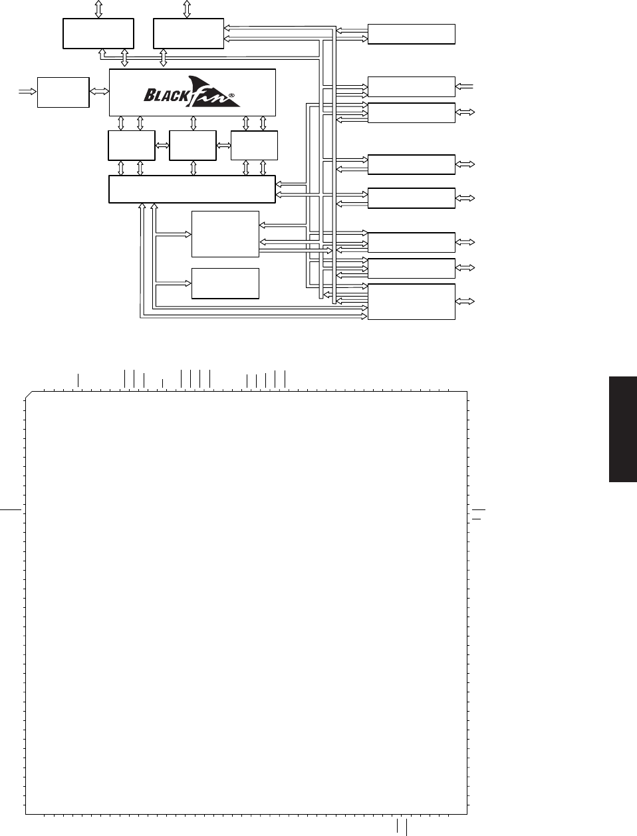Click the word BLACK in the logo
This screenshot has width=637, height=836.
coord(166,95)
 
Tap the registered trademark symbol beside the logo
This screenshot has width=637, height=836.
coord(231,95)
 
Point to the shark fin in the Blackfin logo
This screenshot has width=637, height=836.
coord(213,91)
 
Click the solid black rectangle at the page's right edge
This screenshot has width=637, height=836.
coord(623,429)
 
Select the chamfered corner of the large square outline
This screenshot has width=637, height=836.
coord(29,395)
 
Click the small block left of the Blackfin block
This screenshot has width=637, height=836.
coord(63,92)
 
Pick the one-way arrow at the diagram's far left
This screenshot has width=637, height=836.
coord(27,91)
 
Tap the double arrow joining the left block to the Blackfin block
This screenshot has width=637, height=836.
coord(99,91)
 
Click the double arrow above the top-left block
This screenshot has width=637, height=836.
coord(98,9)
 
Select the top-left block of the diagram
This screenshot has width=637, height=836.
coord(98,33)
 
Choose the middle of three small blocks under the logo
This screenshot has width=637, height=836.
coord(193,146)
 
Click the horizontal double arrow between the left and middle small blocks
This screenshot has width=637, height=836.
coord(162,146)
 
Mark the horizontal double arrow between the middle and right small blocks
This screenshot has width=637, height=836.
coord(223,146)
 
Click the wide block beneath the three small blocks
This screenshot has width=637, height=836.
coord(192,190)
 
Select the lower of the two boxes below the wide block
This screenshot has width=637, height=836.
coord(225,283)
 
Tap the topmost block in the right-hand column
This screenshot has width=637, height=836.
coord(411,35)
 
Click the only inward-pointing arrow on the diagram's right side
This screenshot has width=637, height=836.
coord(464,87)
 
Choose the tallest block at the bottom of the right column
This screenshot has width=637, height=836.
coord(411,302)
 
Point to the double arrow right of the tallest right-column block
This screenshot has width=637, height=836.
coord(465,301)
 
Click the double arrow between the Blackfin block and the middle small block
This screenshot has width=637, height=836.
coord(193,124)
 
